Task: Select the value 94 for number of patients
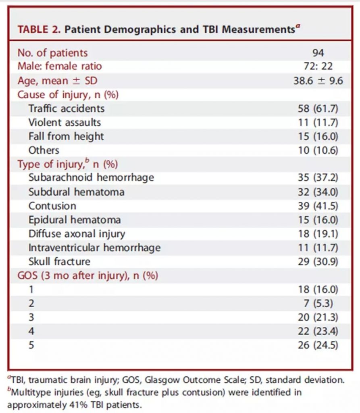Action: click(318, 53)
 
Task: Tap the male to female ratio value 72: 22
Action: click(318, 67)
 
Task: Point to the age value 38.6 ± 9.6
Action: click(318, 81)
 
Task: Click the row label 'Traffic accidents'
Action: click(67, 108)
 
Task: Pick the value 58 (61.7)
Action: click(318, 108)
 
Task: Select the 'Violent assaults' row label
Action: click(65, 122)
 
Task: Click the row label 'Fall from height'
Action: click(66, 136)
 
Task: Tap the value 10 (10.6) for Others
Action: click(318, 150)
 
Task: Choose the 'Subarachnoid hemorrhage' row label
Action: click(91, 177)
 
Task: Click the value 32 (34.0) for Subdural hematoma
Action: click(318, 192)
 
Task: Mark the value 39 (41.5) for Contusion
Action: click(318, 206)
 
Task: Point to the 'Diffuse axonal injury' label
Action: click(77, 234)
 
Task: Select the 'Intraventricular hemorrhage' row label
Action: click(94, 248)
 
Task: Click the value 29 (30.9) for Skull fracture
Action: click(318, 262)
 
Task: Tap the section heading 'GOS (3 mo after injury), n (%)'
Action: click(88, 276)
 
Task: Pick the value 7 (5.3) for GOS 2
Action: click(321, 303)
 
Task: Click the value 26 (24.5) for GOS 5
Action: click(318, 345)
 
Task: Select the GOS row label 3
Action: click(31, 317)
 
